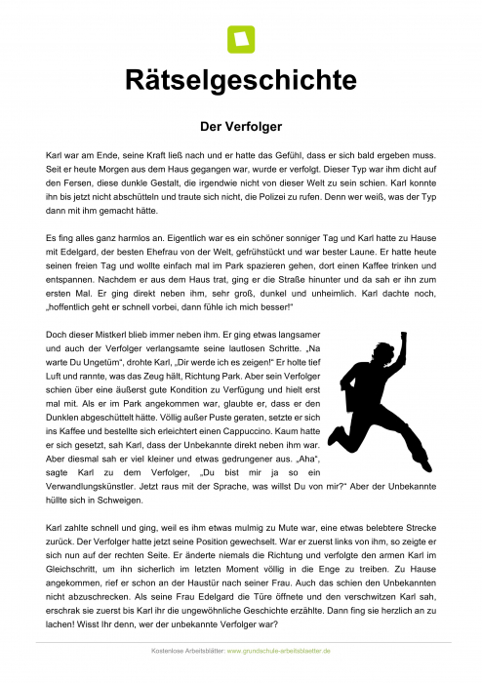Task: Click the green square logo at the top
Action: pos(240,39)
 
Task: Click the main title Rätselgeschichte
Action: pos(240,80)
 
